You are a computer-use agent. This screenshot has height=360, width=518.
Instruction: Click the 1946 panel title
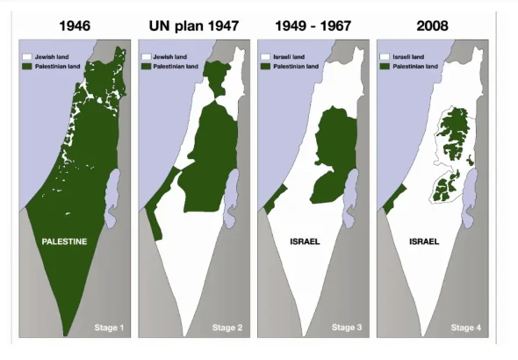coord(75,25)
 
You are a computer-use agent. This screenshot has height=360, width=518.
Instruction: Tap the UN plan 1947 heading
coord(194,25)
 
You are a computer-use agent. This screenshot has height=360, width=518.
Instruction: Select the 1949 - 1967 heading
coord(313,25)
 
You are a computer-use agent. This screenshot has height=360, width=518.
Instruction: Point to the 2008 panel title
coord(433,25)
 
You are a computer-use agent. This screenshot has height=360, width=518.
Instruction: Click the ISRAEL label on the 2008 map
coord(423,240)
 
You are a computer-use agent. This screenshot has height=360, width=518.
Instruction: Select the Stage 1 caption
coord(111,328)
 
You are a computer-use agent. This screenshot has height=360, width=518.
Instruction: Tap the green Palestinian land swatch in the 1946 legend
coord(28,65)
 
